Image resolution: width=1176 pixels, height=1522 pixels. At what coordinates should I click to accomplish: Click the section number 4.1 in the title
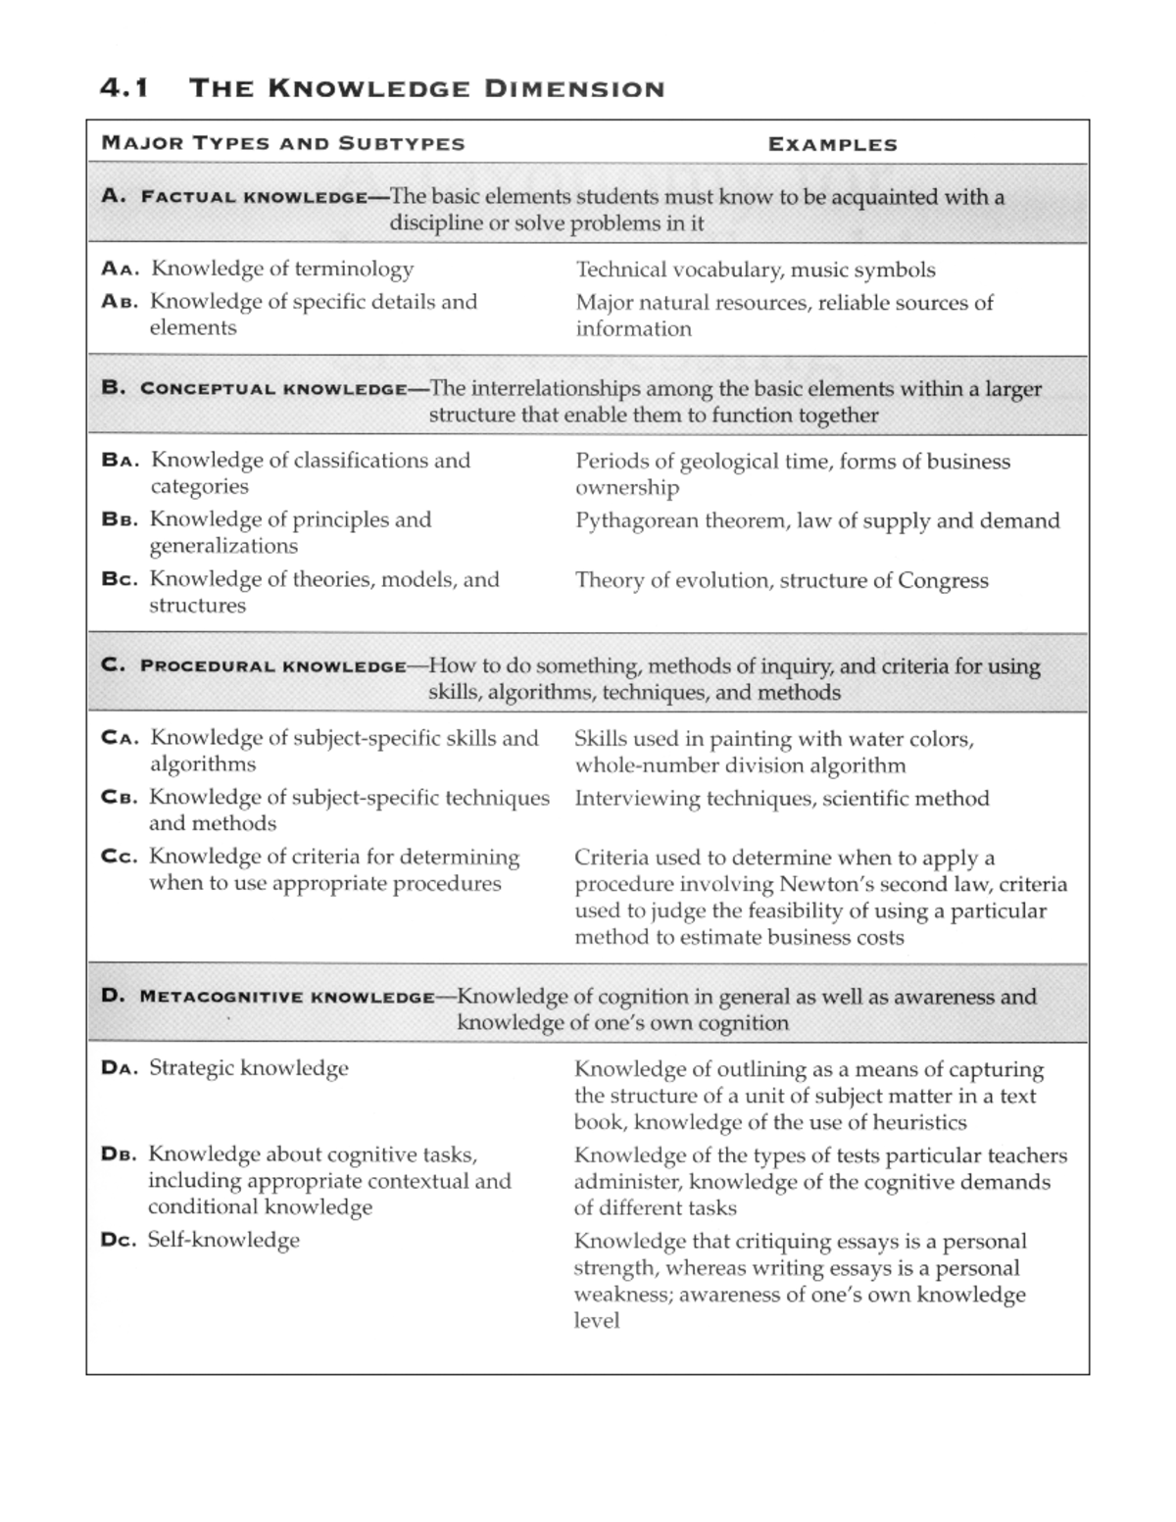coord(124,88)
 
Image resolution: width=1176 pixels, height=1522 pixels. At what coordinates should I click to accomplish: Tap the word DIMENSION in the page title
coord(574,89)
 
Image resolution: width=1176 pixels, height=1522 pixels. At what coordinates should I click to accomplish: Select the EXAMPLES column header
coord(832,145)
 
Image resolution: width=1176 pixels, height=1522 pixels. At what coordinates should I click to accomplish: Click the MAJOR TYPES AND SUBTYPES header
coord(283,144)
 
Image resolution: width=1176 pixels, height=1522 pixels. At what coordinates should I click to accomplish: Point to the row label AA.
coord(121,269)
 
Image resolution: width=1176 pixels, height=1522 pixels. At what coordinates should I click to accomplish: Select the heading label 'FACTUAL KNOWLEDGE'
coord(253,197)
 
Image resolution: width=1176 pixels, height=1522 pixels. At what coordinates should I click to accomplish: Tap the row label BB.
coord(121,519)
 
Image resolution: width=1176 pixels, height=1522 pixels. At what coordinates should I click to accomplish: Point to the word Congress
coord(943,580)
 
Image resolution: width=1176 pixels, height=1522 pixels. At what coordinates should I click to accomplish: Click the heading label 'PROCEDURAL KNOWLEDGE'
coord(272,666)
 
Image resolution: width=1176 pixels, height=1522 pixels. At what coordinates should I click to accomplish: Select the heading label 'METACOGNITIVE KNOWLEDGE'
coord(286,998)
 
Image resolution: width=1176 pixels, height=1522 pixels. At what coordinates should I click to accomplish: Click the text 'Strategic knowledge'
coord(248,1068)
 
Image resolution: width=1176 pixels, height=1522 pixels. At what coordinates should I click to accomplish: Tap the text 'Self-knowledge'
coord(223,1240)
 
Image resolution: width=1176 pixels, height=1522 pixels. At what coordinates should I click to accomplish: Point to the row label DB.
coord(120,1154)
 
